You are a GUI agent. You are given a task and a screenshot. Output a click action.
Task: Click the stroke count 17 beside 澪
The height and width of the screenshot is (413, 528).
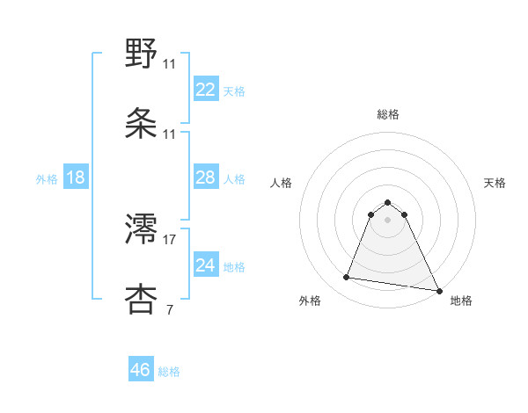[170, 239]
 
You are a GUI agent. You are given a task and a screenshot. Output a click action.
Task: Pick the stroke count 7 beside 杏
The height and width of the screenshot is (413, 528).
[168, 309]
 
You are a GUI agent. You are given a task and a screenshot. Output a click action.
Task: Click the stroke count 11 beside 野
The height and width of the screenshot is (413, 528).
[170, 63]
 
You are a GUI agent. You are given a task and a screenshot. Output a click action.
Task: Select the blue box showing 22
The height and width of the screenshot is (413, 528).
[205, 90]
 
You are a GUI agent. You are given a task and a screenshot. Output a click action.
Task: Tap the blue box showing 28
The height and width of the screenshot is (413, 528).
[205, 178]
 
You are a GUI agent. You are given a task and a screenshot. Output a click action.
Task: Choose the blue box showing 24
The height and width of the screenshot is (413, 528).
[205, 264]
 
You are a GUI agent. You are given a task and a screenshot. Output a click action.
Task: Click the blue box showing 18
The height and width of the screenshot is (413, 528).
[76, 178]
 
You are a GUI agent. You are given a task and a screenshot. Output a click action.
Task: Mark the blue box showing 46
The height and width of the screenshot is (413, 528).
[141, 370]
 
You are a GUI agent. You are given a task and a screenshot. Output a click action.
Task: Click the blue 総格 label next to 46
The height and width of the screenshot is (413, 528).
[170, 372]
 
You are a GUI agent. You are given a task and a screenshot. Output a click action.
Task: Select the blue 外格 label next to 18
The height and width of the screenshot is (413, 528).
[47, 179]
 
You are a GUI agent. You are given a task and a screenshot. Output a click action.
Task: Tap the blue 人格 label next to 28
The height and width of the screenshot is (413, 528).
[234, 179]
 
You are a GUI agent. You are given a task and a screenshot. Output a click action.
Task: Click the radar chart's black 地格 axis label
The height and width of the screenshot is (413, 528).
[461, 301]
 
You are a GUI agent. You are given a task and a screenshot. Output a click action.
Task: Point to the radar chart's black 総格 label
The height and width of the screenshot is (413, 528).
[388, 114]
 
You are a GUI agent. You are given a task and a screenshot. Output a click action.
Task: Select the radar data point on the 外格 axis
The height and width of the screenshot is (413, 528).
[347, 278]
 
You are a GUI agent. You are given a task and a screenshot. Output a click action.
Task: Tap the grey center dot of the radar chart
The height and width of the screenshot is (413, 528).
[387, 219]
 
